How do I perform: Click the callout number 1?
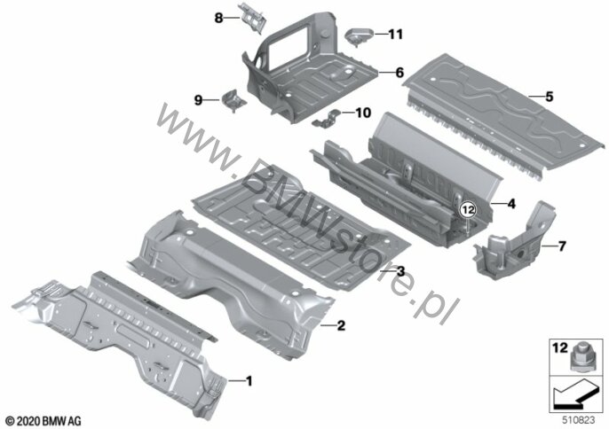(x=249, y=381)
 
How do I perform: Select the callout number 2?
(x=341, y=325)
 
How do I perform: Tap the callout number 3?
(x=400, y=271)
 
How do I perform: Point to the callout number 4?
(x=511, y=203)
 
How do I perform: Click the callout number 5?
(x=550, y=97)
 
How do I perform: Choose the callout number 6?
(x=399, y=73)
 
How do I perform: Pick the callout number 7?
(x=562, y=246)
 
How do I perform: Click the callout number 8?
(x=218, y=18)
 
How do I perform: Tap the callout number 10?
(x=363, y=113)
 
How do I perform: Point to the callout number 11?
(x=395, y=35)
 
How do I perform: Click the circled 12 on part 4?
(x=468, y=210)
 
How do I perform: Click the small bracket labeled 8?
(x=253, y=18)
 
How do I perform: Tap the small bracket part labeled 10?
(x=327, y=119)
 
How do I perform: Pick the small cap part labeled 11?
(x=359, y=36)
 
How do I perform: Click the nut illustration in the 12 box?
(x=581, y=357)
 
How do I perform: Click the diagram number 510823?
(x=579, y=419)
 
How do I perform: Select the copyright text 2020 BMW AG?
(x=43, y=420)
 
